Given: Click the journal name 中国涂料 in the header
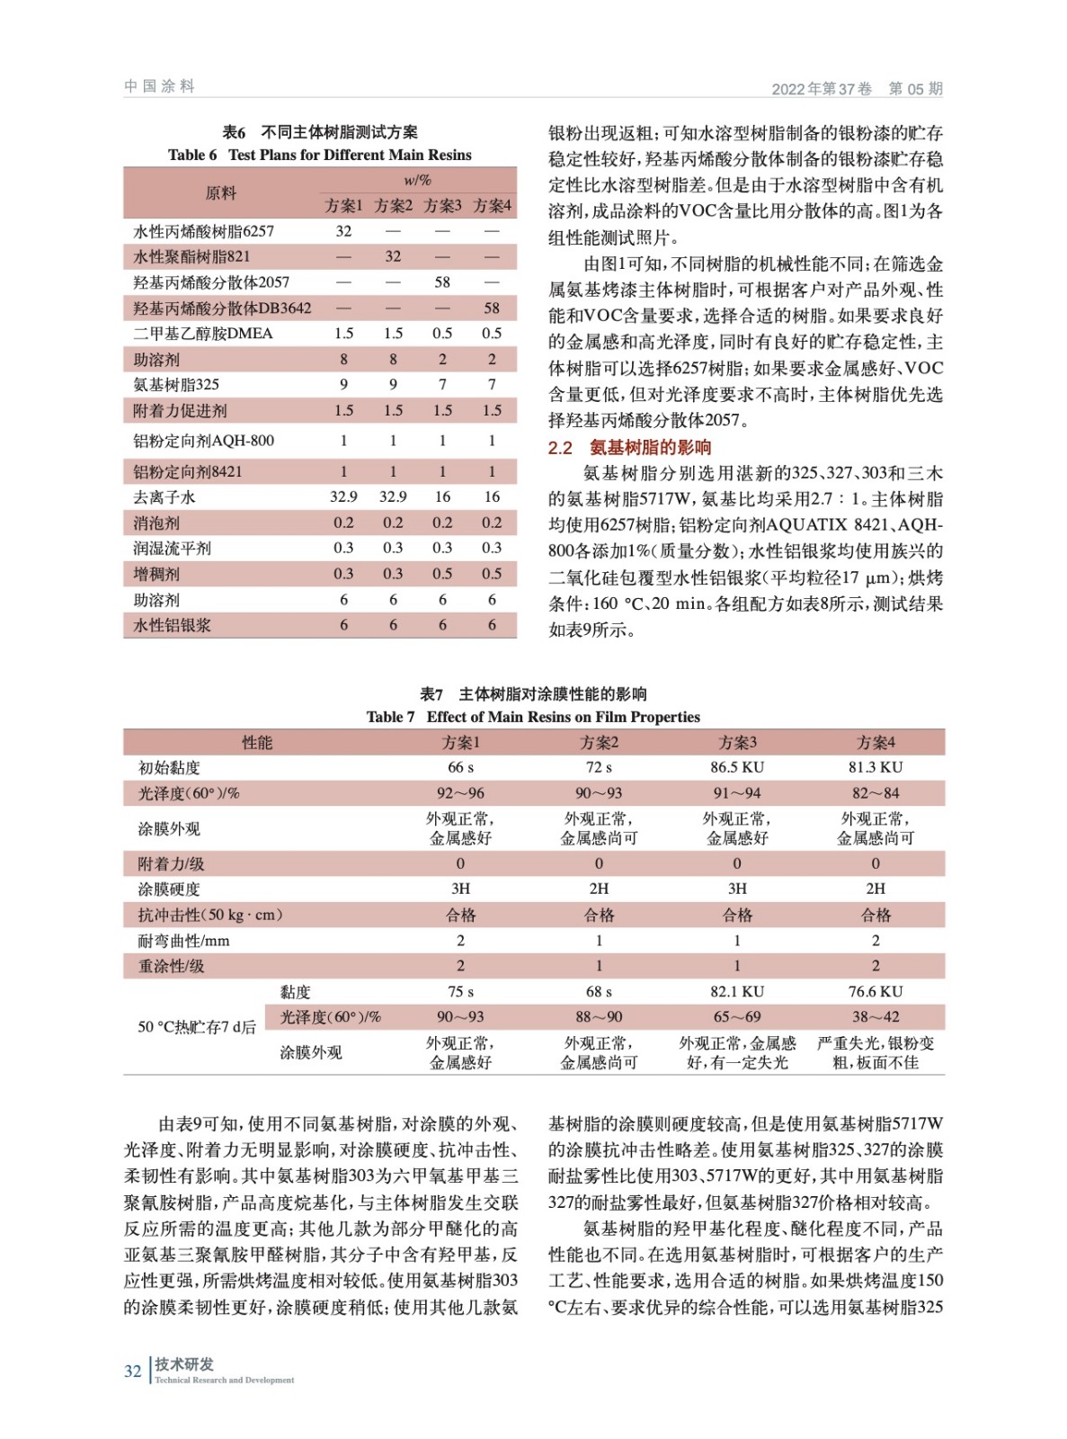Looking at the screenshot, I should (x=159, y=86).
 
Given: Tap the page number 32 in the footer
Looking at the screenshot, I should (x=132, y=1371).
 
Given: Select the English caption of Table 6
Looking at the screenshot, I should (x=319, y=155).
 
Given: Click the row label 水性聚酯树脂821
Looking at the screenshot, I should (x=191, y=256).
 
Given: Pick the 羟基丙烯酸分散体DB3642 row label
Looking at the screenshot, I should (x=222, y=308).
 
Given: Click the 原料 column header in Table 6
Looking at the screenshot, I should (x=220, y=192).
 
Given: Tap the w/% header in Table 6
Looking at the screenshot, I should (x=417, y=180).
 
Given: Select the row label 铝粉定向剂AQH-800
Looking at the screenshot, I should (x=203, y=441).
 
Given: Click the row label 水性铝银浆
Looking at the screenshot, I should (x=172, y=625).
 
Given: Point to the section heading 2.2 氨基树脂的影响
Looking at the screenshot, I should (x=629, y=447).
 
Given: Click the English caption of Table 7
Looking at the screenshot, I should (x=533, y=717).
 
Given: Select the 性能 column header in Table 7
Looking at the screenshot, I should (x=257, y=742).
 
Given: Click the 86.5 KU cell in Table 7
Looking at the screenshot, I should (x=737, y=767).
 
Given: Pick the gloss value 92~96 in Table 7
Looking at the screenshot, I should (x=460, y=793).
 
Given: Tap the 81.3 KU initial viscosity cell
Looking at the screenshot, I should (x=876, y=767).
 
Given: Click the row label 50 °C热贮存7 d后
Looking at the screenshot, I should (x=196, y=1026).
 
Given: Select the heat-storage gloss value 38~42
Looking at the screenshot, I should (x=876, y=1017).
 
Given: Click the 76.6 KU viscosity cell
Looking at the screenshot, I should (x=876, y=991).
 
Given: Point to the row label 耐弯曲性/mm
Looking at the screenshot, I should (x=183, y=941).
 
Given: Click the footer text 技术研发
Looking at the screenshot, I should (x=184, y=1363).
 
